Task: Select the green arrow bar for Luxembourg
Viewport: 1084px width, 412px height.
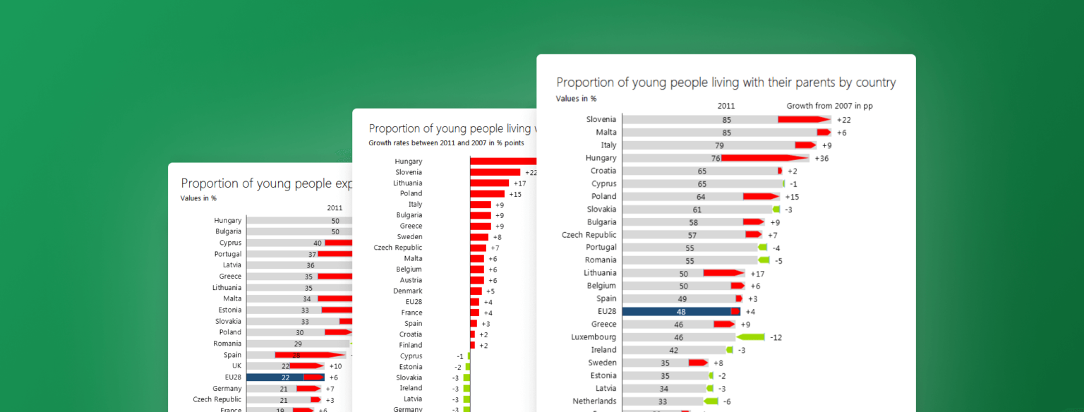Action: coord(751,337)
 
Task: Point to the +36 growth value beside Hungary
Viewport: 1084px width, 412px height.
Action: coord(821,159)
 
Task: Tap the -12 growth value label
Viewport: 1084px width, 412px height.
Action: coord(776,338)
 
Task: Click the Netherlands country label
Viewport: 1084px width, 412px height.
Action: coord(594,401)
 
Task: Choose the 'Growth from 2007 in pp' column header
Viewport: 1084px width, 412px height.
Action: coord(829,106)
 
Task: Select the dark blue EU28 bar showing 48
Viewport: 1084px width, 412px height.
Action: coord(676,312)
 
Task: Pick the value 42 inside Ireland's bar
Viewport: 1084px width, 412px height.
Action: coord(673,351)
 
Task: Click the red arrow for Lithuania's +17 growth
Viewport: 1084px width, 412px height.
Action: coord(723,273)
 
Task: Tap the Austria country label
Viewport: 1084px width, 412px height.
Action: coord(411,280)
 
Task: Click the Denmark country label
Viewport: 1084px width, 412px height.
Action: coord(408,291)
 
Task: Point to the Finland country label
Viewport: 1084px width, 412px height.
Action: coord(410,345)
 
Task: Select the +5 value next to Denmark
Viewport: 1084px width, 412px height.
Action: coord(490,291)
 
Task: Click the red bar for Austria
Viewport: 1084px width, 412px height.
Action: coord(477,280)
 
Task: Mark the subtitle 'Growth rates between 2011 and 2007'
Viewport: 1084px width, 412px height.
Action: coord(451,143)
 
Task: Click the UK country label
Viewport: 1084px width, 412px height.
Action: coord(236,366)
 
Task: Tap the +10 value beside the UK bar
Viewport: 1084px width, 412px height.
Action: coord(335,366)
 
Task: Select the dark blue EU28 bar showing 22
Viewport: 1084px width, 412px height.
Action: coord(275,377)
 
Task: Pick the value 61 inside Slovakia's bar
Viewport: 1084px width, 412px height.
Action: coord(697,210)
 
